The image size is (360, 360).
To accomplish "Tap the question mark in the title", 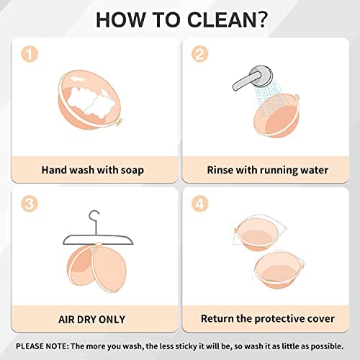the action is (259, 19).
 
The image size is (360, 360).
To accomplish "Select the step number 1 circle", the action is (30, 54).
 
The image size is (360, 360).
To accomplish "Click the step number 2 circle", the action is (200, 54).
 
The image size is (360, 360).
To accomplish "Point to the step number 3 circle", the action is (30, 204).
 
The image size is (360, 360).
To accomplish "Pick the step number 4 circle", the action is (200, 204).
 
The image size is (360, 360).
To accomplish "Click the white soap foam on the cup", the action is (89, 100).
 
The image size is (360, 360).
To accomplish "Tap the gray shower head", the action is (253, 78).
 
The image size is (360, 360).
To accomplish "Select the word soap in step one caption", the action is (132, 170).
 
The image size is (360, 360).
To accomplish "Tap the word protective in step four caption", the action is (288, 319).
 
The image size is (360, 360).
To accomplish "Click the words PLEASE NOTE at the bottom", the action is (42, 346).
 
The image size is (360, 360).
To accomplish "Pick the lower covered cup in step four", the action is (278, 270).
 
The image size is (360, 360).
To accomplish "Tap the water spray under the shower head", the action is (269, 99).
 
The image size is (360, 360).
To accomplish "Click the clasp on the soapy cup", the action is (119, 122).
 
